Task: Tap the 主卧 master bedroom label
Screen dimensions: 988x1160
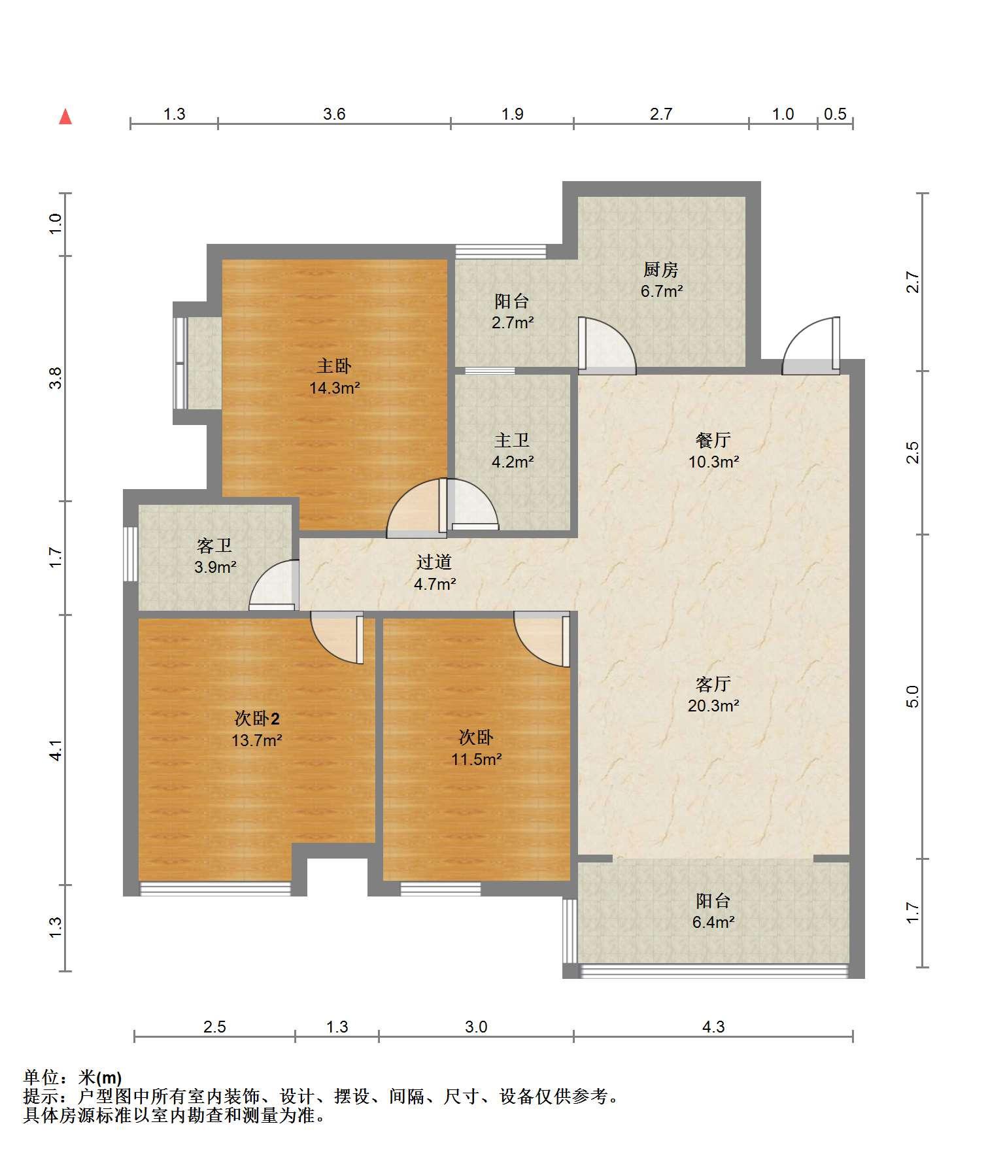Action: [x=334, y=366]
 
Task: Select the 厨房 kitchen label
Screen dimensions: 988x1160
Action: [x=660, y=269]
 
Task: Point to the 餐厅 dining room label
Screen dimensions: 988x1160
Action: [x=713, y=440]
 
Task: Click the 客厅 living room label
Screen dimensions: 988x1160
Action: [x=713, y=684]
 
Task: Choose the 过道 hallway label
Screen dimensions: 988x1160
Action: [x=434, y=562]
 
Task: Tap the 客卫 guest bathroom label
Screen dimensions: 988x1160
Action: [x=214, y=545]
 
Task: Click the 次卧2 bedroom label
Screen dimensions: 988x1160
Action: [x=257, y=719]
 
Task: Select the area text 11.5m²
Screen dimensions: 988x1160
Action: [x=476, y=759]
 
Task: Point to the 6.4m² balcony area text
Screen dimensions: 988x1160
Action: [x=713, y=922]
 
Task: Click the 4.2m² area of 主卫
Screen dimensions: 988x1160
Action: [x=513, y=462]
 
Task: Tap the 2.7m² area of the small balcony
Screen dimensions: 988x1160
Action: [x=513, y=322]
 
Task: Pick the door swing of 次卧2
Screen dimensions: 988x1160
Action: [x=337, y=638]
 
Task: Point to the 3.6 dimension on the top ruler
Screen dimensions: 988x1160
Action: [x=334, y=114]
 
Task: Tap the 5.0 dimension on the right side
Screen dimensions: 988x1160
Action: [x=913, y=696]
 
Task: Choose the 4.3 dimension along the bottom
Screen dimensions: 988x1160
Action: [x=713, y=1027]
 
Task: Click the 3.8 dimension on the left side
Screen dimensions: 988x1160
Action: [x=56, y=378]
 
